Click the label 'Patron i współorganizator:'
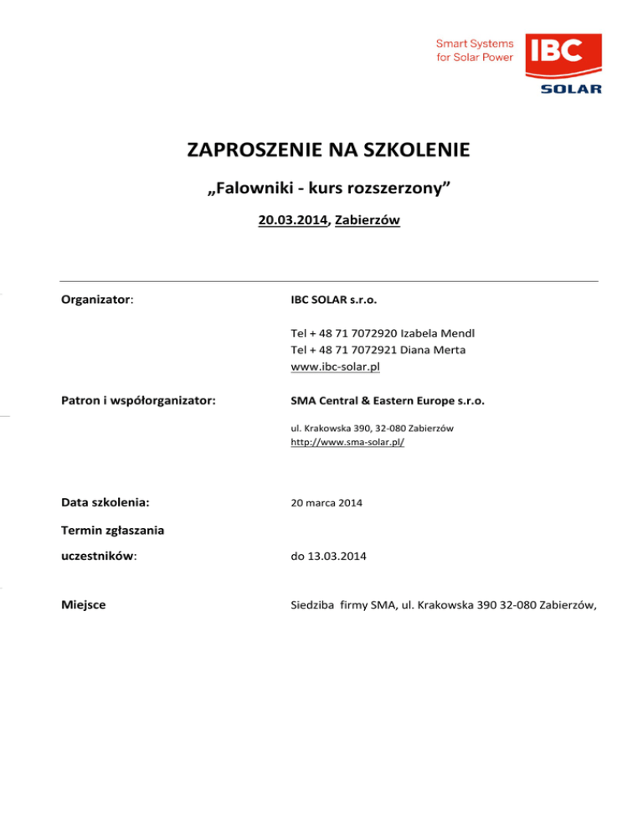coord(139,401)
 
